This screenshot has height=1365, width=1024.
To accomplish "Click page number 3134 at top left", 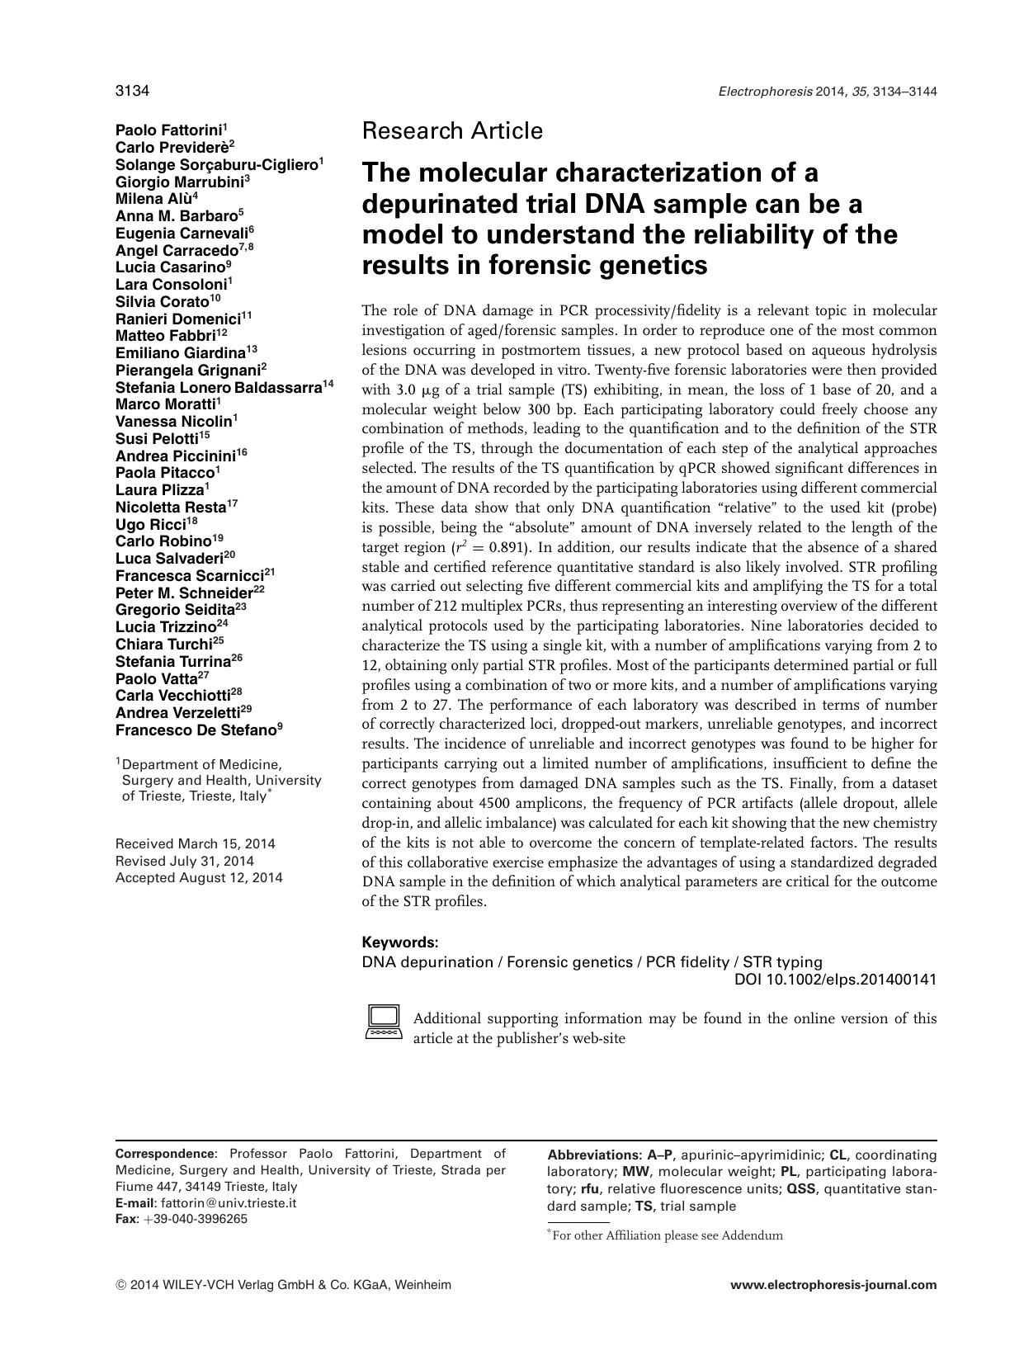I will pos(131,92).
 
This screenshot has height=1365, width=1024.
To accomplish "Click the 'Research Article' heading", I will pos(452,130).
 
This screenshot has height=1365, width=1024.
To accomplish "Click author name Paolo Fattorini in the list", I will pos(168,130).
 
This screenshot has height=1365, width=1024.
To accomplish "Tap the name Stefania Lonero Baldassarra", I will pos(218,387).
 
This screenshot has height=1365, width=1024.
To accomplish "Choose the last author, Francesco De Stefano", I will pos(195,730).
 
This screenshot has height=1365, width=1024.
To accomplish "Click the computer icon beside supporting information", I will pos(383,1022).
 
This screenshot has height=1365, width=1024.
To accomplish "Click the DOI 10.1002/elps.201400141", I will pos(835,980).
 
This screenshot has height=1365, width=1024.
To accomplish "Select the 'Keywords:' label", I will pos(400,942).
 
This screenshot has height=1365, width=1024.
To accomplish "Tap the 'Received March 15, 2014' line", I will pos(196,844).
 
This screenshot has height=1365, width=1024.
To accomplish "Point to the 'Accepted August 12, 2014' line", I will pos(199,878).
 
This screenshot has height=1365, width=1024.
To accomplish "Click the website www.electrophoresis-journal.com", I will pos(833,1285).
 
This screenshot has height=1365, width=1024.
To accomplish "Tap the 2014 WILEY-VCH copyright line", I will pos(283,1285).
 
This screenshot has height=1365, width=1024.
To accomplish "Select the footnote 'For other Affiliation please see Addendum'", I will pos(667,1235).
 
